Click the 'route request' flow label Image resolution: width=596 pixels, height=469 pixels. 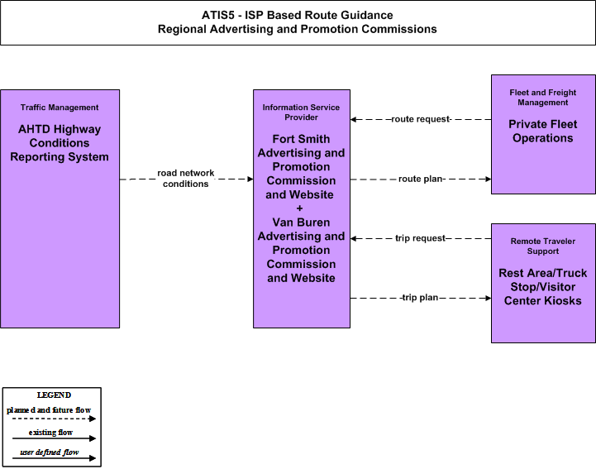[x=421, y=119]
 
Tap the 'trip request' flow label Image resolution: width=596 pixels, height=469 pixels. [x=421, y=238]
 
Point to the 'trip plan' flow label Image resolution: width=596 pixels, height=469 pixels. [x=419, y=298]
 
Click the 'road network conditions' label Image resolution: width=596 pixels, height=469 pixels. [x=186, y=179]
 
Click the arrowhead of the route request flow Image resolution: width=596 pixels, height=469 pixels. [x=353, y=119]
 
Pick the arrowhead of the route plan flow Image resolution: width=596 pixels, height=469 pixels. [x=488, y=179]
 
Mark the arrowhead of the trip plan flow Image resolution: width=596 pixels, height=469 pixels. [x=488, y=299]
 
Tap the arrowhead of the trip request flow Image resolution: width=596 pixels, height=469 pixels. [x=353, y=238]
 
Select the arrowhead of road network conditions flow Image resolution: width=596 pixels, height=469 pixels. [x=250, y=179]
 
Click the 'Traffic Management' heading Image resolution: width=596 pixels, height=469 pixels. [x=60, y=108]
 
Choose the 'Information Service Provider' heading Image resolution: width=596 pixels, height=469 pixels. [x=301, y=112]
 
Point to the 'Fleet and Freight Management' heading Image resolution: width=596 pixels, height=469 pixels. [x=543, y=98]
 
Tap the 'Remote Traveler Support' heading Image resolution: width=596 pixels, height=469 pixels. [x=543, y=246]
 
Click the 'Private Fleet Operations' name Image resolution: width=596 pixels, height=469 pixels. [x=543, y=131]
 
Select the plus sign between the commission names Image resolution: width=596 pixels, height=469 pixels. [x=299, y=208]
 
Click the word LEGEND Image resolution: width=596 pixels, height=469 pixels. [x=54, y=395]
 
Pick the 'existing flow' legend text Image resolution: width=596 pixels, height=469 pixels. [x=50, y=432]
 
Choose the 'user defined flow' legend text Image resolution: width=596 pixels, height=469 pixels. [x=50, y=452]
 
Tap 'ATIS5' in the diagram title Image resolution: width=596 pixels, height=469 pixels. [x=217, y=15]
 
